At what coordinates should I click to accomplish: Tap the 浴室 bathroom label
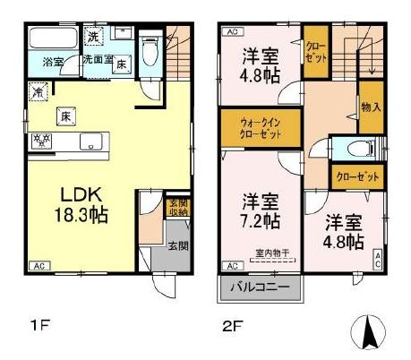tap(53, 62)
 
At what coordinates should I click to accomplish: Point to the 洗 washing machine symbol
tap(94, 37)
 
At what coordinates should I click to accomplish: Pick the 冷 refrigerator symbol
tap(39, 90)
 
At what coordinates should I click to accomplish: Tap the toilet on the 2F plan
tap(357, 149)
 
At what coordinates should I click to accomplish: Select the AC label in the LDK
tap(39, 267)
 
